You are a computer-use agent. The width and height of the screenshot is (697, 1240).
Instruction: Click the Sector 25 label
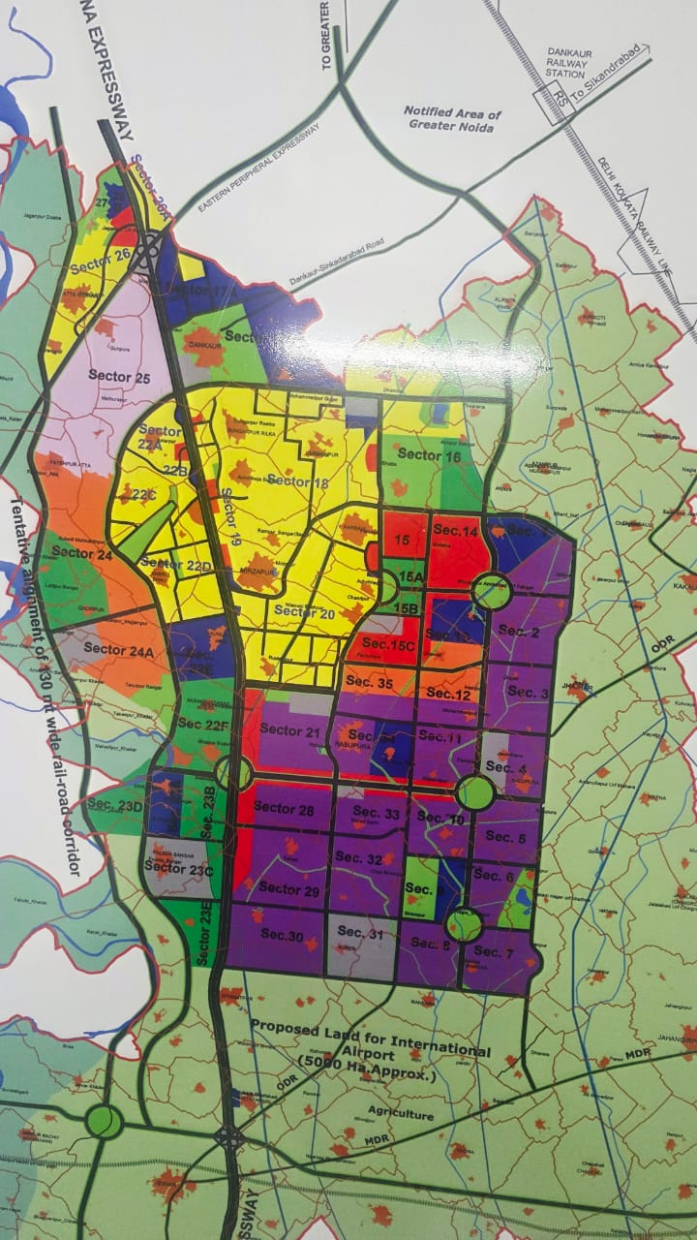(119, 375)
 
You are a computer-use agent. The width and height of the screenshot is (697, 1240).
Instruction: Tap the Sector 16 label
(430, 455)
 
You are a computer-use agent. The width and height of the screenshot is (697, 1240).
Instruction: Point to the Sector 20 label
(304, 611)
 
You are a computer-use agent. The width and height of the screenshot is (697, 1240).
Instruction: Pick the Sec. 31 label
(361, 933)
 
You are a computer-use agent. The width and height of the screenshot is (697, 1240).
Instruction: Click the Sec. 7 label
(495, 952)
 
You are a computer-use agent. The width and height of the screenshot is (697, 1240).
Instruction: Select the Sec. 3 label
(528, 693)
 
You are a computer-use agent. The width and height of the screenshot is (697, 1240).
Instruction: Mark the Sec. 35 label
(372, 684)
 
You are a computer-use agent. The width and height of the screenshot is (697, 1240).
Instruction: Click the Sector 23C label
(178, 869)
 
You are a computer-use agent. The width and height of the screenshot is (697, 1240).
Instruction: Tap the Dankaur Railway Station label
(565, 65)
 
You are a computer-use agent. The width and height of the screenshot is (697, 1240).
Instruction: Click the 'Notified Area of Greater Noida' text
(453, 118)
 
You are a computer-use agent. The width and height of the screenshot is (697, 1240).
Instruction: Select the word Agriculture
(401, 1115)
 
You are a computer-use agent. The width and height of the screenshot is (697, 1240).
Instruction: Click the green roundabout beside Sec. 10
(474, 791)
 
